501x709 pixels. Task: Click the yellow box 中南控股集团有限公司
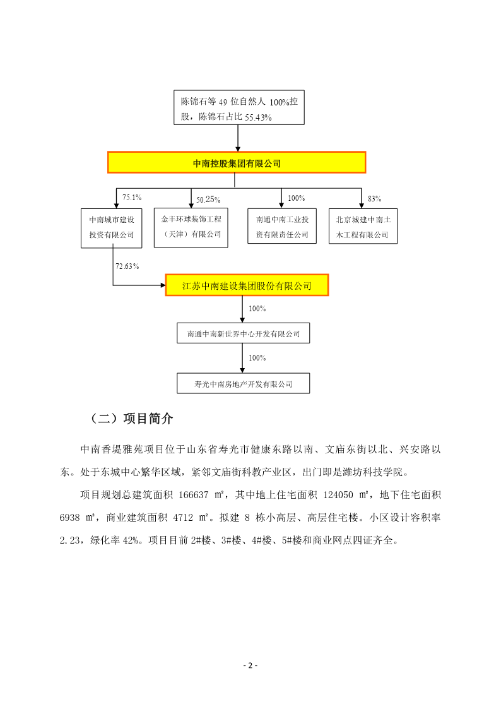pos(236,163)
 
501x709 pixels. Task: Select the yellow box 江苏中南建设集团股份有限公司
pos(247,285)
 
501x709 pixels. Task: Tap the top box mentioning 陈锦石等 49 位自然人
pos(239,107)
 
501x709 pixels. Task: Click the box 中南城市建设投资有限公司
pos(112,228)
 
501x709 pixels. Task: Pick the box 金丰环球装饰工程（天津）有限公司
pos(191,227)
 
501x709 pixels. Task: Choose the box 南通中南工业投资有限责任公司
pos(282,226)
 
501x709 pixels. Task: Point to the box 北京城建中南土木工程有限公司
pos(363,226)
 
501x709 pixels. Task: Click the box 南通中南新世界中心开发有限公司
pos(244,333)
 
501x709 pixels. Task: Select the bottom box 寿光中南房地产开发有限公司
pos(244,383)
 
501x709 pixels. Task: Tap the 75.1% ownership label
pos(132,198)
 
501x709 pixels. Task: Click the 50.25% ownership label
pos(208,200)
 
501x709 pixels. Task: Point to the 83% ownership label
pos(375,198)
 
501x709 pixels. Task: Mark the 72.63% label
pos(127,266)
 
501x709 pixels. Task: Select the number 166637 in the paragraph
pos(194,495)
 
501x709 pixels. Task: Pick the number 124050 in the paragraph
pos(338,495)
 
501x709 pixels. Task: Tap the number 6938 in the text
pos(69,517)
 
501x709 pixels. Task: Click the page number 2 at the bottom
pos(250,665)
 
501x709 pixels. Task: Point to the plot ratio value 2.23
pos(69,540)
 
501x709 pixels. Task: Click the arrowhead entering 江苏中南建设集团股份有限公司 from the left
pos(163,285)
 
